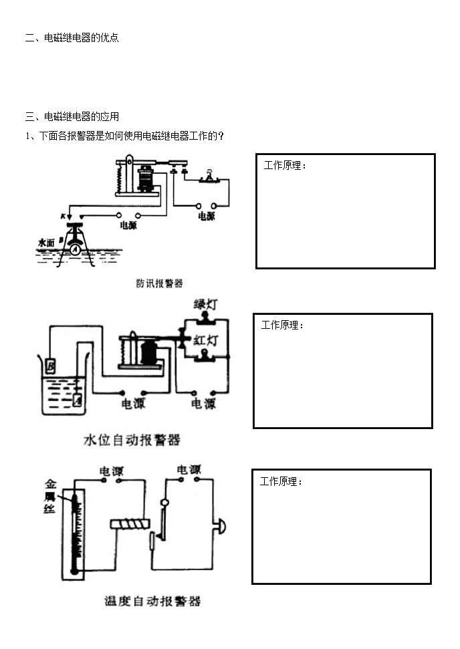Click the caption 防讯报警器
click(x=159, y=283)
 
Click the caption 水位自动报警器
click(x=132, y=440)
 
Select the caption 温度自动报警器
click(x=152, y=601)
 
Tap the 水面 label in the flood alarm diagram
click(x=46, y=243)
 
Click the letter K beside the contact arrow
click(x=62, y=217)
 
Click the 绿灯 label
click(x=205, y=304)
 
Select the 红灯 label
click(x=205, y=340)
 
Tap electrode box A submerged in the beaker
click(x=77, y=400)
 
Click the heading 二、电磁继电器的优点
click(x=72, y=38)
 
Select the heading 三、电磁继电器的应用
click(x=72, y=116)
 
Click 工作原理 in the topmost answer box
click(x=285, y=165)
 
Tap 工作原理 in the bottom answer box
click(x=281, y=481)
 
